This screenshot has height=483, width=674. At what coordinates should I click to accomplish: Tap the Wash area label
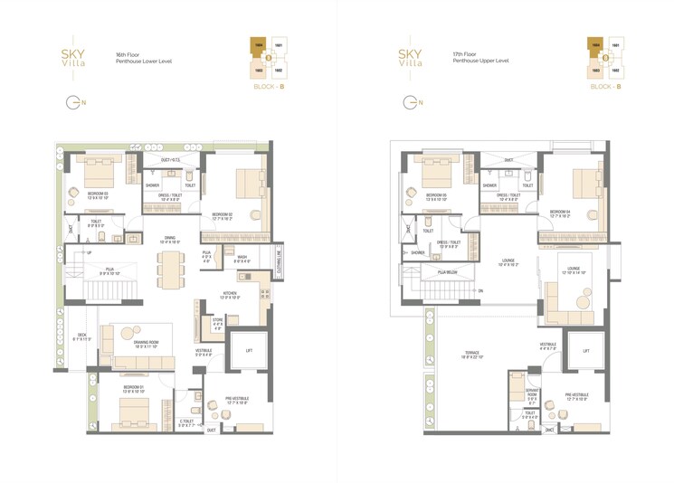tap(242, 258)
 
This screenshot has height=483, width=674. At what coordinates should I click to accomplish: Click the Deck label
tap(82, 337)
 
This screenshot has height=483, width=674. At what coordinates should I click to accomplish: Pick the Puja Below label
tap(447, 271)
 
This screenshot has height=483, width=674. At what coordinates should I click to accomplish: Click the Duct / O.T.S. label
tap(172, 160)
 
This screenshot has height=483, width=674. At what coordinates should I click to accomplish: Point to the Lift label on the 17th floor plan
tap(586, 349)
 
